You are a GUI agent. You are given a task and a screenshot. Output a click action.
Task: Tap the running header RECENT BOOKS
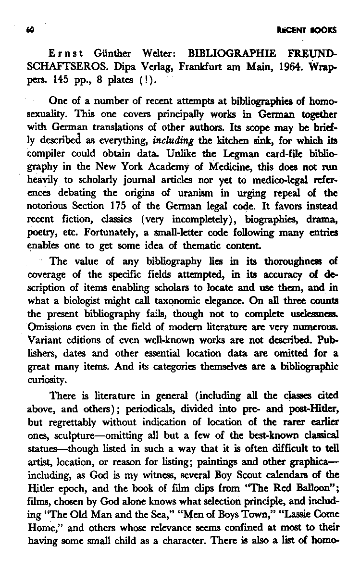(311, 30)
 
